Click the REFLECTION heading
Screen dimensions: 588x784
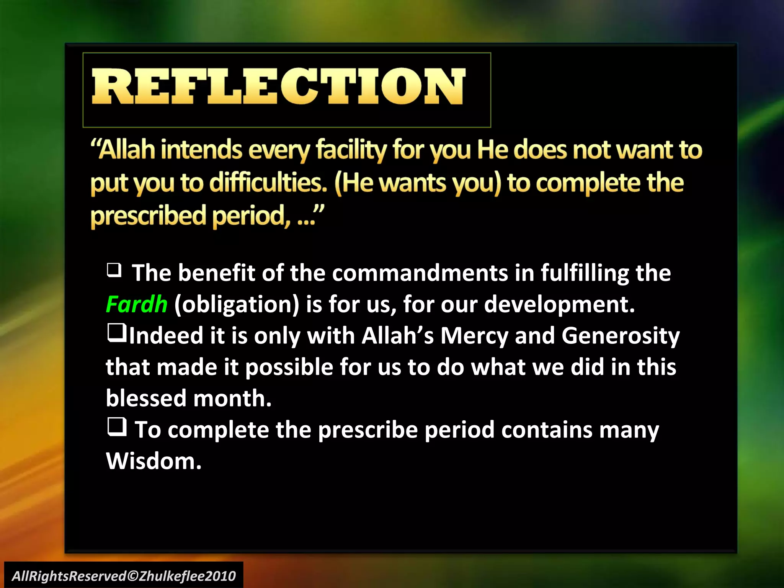pos(278,87)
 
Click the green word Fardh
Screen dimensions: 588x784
pos(136,305)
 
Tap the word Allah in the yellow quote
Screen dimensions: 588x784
pos(127,150)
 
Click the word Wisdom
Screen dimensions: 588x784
pos(153,461)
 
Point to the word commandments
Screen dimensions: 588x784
pos(420,273)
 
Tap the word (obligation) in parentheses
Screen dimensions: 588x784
pos(237,305)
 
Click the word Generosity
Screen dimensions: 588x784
pos(620,336)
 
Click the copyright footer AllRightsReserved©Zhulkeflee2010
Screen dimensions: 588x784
pos(124,576)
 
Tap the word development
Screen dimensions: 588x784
pos(559,305)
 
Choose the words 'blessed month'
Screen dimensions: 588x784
pos(188,399)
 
